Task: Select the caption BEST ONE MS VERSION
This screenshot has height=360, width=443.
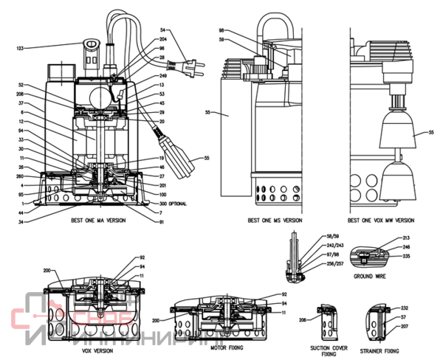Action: [275, 220]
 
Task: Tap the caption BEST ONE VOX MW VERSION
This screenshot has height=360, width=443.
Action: [382, 220]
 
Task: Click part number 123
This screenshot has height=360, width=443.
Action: [20, 48]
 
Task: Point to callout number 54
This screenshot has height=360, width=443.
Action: [164, 29]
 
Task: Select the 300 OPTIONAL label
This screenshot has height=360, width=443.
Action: [171, 204]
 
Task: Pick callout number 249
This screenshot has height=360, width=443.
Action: [163, 76]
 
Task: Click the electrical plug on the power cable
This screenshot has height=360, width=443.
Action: [192, 64]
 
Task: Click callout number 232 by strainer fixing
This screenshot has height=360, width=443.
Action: [405, 308]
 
